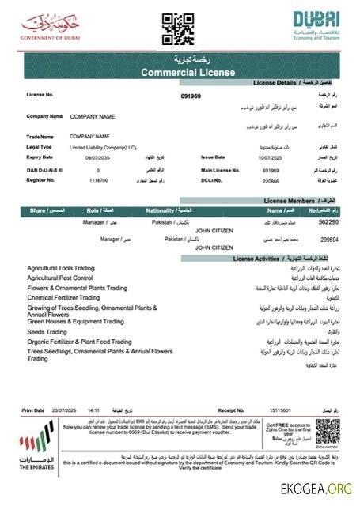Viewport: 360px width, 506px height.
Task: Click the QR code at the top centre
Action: [178, 29]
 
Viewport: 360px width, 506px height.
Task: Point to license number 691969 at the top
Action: [191, 96]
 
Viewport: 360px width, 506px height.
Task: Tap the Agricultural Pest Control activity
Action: [66, 278]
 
